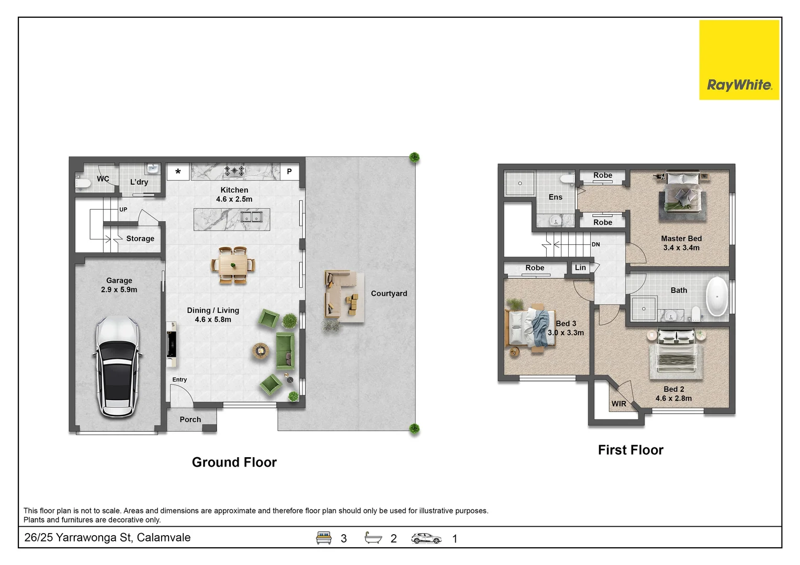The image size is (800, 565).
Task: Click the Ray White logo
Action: pos(739,60)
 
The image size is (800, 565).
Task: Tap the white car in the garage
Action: pos(117,367)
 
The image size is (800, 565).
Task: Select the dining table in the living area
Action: pos(233,265)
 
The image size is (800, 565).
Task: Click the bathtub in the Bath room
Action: pos(717,296)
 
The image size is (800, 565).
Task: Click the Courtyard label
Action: pos(389,293)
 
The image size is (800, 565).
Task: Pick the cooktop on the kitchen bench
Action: pos(234,171)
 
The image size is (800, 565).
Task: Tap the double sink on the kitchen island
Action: pos(252,217)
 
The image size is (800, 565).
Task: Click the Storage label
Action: pos(140,239)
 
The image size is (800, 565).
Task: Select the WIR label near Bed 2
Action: pos(618,403)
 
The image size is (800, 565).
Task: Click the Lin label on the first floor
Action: pos(580,267)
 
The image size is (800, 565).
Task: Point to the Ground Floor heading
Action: pos(234,462)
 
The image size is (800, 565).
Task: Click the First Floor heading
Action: pos(630,450)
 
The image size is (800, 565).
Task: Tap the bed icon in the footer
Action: pos(323,538)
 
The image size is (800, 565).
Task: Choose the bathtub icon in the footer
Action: pos(373,538)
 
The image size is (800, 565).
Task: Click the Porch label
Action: pos(190,420)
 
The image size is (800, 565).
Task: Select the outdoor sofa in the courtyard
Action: pos(341,293)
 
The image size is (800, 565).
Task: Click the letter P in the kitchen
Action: pos(289,172)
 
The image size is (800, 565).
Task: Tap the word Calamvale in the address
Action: pos(164,537)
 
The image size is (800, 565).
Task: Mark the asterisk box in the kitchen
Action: pos(178,172)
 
